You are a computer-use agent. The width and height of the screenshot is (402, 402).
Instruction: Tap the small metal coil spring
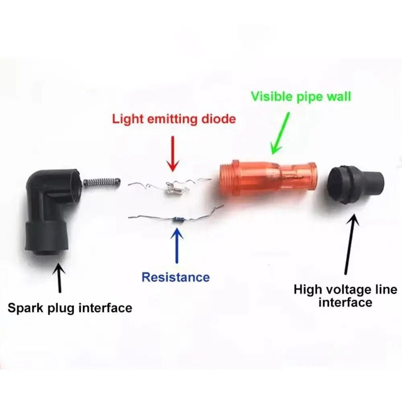102,182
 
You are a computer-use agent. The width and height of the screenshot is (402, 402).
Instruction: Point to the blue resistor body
179,219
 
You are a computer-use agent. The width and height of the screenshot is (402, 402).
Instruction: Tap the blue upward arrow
176,245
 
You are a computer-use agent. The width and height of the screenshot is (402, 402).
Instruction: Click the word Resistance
176,277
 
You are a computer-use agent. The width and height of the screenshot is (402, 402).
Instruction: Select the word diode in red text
218,119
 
